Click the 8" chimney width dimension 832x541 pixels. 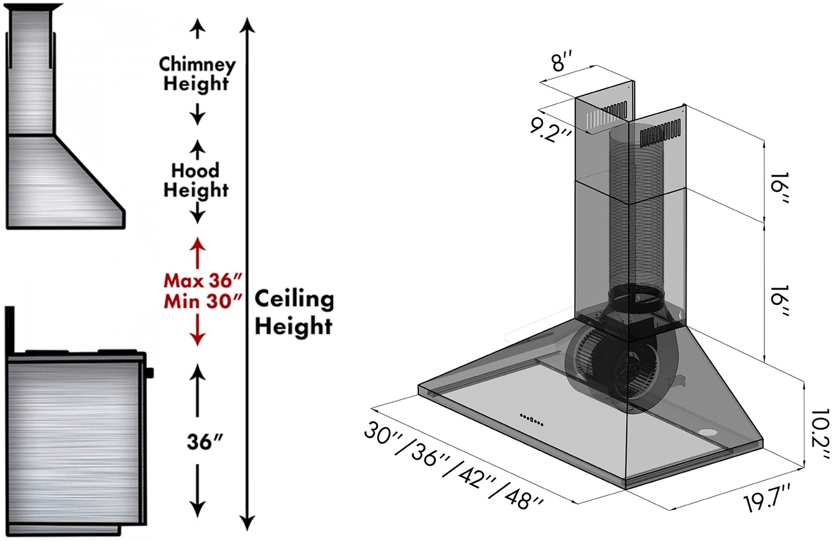(x=561, y=61)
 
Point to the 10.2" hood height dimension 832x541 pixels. (x=819, y=434)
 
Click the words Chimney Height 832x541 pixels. (x=197, y=74)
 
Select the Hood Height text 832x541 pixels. (x=196, y=181)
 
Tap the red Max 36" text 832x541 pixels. (x=203, y=281)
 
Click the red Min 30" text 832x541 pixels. (x=203, y=301)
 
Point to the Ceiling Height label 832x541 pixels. (x=294, y=313)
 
